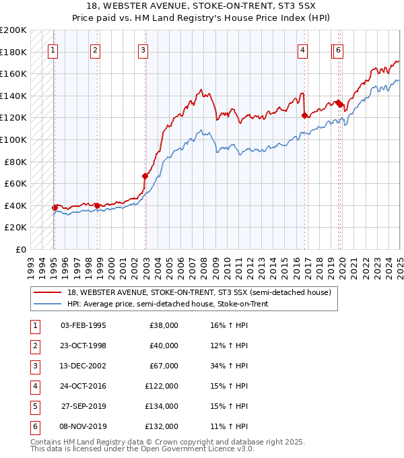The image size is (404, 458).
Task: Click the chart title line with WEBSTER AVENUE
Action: click(201, 7)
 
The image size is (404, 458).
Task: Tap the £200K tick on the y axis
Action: click(13, 30)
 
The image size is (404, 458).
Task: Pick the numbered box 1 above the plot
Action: click(53, 49)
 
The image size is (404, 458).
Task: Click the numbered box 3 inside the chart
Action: click(143, 49)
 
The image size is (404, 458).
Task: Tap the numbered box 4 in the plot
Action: click(303, 49)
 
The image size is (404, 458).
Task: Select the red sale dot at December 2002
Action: click(145, 176)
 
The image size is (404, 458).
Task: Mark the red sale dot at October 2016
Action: click(304, 115)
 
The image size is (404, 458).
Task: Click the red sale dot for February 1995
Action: click(55, 207)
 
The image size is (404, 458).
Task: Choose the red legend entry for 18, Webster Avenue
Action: click(199, 293)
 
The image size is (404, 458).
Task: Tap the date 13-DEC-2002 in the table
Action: click(83, 366)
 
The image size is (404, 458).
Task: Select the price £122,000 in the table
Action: click(162, 386)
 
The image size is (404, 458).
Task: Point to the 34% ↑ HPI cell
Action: click(230, 366)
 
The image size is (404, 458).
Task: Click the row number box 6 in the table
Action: click(34, 427)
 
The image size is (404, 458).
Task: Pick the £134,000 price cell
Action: click(162, 406)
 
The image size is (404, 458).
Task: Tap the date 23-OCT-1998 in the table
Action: click(83, 346)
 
